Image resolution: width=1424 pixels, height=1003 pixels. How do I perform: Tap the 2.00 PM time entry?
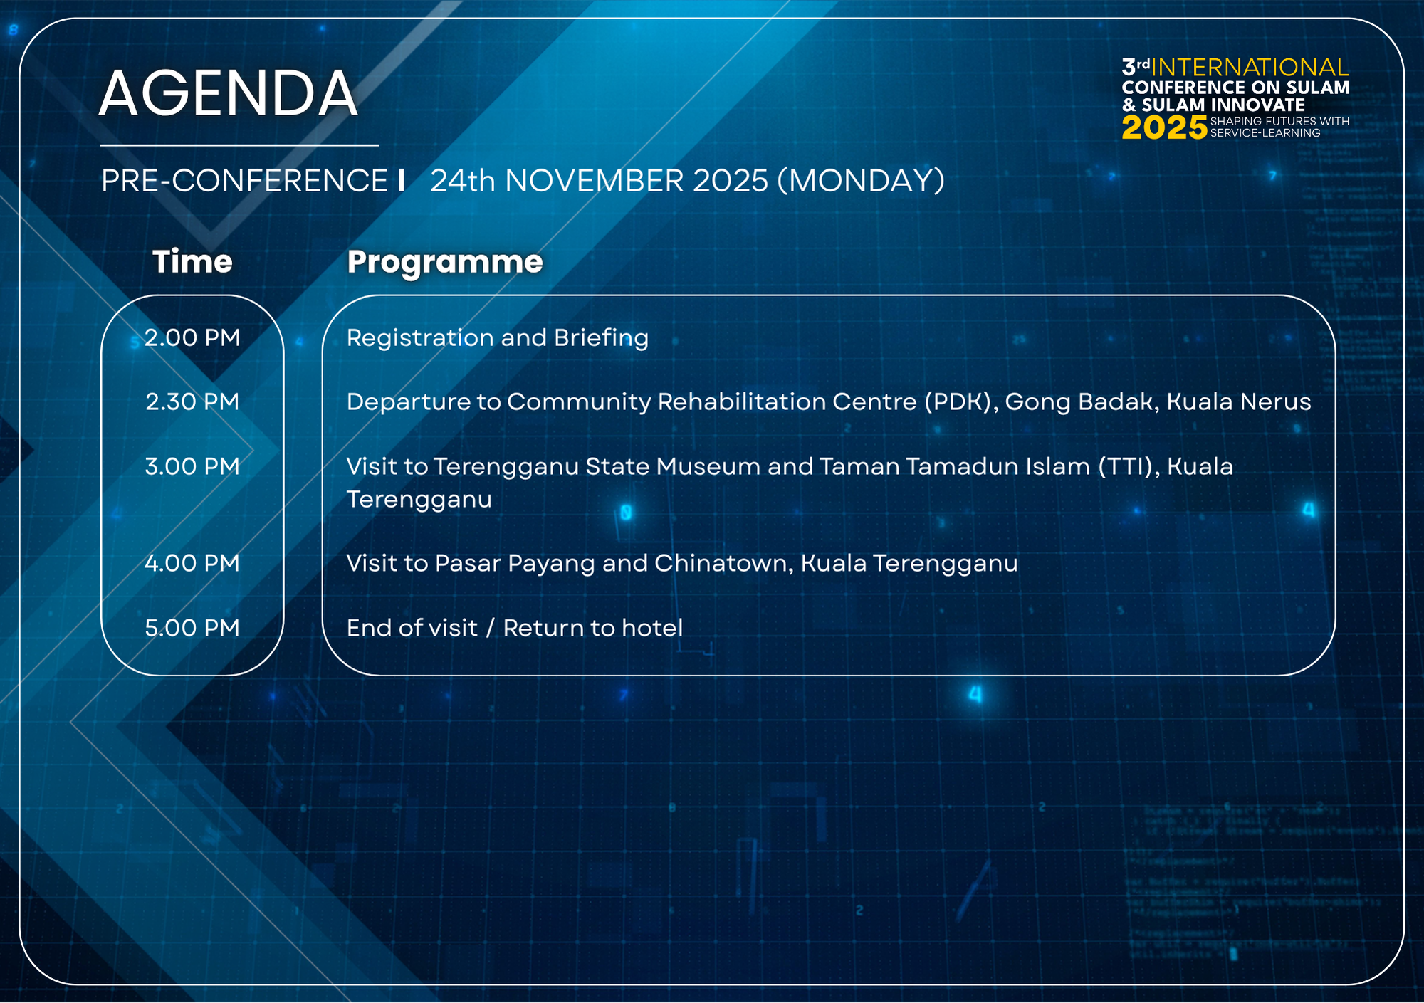[x=192, y=337]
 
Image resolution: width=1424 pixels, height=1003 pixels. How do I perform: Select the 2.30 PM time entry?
[x=192, y=401]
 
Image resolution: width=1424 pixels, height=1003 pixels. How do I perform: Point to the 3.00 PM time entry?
[x=192, y=466]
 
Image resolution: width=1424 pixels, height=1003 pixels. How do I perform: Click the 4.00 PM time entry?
[x=192, y=563]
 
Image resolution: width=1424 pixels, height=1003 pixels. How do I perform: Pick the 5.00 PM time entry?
[x=192, y=628]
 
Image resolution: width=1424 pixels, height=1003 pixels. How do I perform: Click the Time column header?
[x=192, y=261]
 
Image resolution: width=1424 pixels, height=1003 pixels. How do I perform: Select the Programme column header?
[x=445, y=262]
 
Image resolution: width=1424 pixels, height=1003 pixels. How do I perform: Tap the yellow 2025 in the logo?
[x=1164, y=128]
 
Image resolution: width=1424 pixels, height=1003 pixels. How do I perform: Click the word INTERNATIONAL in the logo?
[x=1250, y=67]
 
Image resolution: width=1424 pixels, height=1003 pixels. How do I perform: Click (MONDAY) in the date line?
[x=861, y=181]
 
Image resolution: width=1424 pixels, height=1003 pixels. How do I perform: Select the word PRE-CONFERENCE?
[x=244, y=181]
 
